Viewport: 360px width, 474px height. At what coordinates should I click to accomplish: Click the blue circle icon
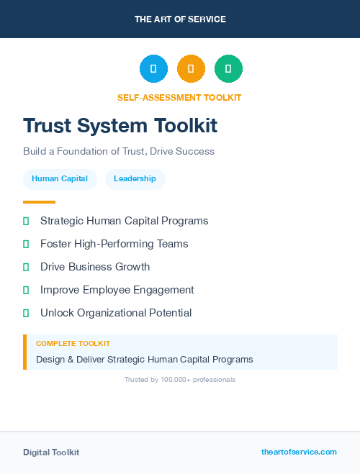(153, 68)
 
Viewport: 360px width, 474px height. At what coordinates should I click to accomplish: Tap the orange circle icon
(191, 68)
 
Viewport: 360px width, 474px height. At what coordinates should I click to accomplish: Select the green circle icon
(228, 68)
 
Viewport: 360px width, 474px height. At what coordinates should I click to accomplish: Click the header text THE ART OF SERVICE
(180, 19)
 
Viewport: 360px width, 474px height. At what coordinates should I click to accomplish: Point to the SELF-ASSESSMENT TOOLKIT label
(179, 97)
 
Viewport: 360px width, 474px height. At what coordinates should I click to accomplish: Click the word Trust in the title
(49, 126)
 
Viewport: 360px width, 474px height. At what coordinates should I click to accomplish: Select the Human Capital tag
(60, 179)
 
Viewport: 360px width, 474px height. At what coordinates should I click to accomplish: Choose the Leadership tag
(135, 179)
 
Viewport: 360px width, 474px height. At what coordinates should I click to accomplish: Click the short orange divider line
(39, 202)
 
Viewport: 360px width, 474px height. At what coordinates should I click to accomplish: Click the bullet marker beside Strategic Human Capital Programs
(26, 221)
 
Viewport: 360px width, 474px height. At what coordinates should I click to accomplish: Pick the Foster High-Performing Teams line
(114, 244)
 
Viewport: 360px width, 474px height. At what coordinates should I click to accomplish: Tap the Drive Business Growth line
(95, 267)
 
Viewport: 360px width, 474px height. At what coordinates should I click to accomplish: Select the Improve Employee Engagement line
(117, 290)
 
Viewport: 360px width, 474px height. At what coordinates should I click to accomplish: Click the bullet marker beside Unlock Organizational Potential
(26, 313)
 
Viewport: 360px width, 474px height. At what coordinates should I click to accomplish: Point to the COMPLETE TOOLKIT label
(73, 344)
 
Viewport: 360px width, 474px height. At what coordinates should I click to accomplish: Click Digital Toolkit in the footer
(51, 452)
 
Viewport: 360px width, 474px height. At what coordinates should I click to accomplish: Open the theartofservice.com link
(299, 452)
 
